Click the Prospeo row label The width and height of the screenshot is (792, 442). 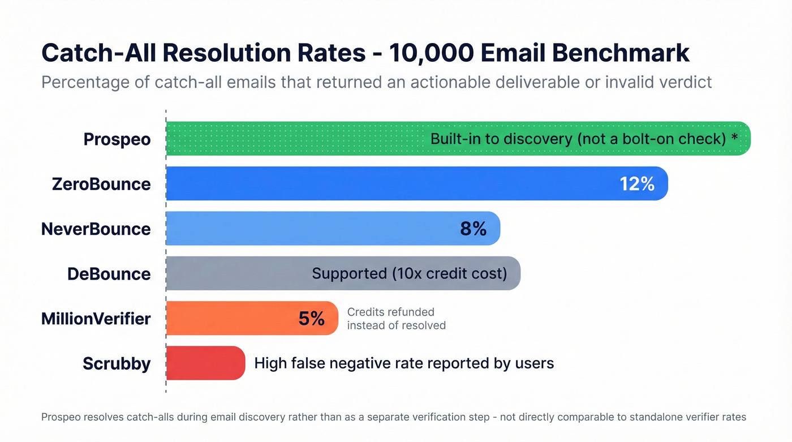117,139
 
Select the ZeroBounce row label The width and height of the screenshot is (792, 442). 101,184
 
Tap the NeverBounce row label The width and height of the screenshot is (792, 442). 96,229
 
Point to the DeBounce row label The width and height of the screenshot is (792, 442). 109,274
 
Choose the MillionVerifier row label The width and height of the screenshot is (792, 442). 96,319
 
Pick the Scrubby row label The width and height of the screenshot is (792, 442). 117,363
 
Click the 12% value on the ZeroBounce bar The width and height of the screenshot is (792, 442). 637,183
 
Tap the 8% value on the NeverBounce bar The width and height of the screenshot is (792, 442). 473,229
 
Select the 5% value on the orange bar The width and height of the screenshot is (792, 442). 312,319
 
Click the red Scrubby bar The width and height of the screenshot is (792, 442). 205,363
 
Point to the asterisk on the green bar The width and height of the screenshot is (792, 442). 734,138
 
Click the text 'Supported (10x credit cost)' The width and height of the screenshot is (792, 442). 410,273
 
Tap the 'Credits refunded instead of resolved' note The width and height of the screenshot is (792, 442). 396,319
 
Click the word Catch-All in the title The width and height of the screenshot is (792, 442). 99,53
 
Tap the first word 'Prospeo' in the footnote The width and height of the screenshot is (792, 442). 61,417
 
